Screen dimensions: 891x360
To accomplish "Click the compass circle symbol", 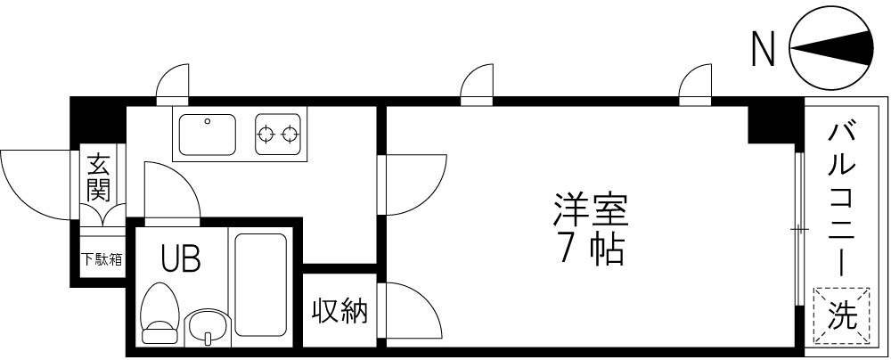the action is [x=831, y=49].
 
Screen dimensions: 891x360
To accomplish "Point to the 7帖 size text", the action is [x=591, y=250].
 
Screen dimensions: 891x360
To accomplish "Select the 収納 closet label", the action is [x=339, y=311].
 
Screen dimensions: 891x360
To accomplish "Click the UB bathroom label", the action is [x=180, y=259].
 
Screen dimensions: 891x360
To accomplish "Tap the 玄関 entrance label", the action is [x=98, y=177].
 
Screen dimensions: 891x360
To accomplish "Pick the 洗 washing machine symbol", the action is [x=841, y=315].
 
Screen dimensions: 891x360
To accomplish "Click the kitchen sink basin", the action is [x=208, y=135].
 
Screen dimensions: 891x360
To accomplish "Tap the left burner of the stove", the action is [x=266, y=135].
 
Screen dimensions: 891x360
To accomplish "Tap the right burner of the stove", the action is [x=290, y=135].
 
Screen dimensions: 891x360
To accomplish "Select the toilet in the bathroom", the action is [x=159, y=313].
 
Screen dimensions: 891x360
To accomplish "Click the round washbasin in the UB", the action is [x=208, y=327].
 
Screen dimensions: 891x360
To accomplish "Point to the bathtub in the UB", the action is [x=260, y=286].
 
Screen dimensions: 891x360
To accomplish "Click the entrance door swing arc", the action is [x=31, y=183].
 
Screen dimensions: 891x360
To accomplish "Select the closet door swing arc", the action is [x=412, y=312].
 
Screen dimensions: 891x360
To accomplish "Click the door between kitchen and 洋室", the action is [x=412, y=183].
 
